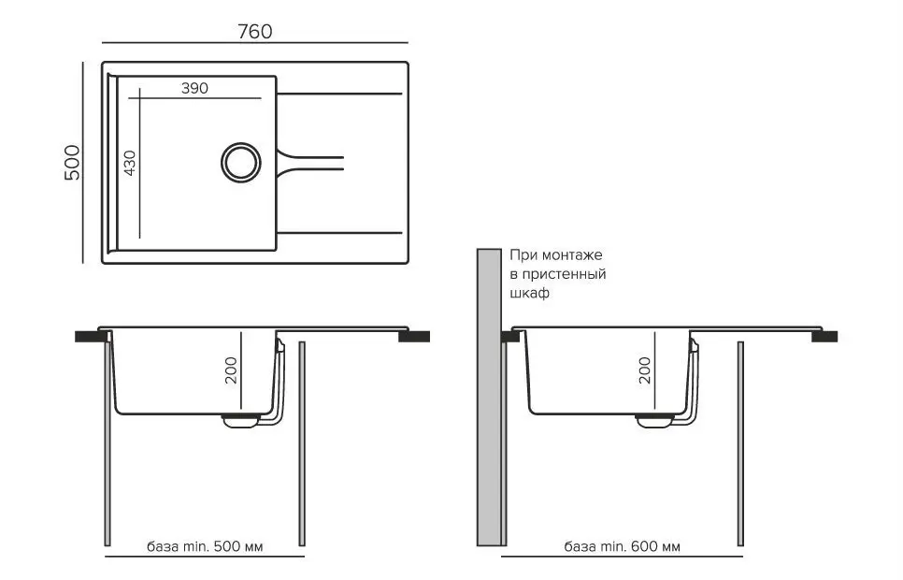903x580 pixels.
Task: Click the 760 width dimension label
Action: (254, 32)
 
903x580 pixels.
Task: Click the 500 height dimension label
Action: (74, 163)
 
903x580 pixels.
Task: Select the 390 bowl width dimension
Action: (193, 89)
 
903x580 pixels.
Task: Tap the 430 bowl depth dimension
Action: (130, 164)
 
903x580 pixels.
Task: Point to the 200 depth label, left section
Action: (232, 371)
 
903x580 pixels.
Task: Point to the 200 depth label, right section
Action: (643, 371)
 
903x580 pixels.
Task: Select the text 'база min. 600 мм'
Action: (622, 545)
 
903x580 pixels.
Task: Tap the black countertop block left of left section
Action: (87, 336)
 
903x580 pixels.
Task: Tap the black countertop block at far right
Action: (824, 336)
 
